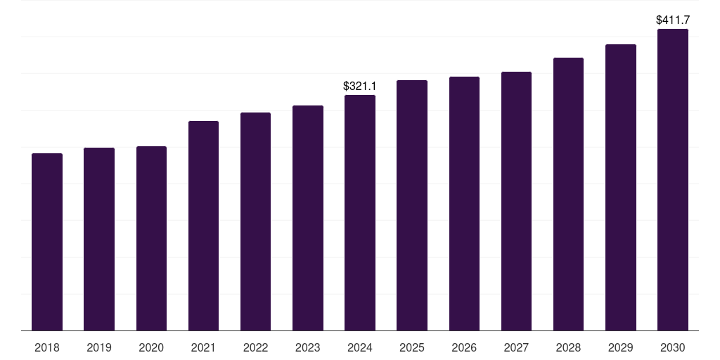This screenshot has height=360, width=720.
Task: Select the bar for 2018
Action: tap(47, 242)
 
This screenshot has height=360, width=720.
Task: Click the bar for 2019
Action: tap(98, 239)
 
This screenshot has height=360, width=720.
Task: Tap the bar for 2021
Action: tap(203, 226)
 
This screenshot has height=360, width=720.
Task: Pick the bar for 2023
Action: tap(308, 218)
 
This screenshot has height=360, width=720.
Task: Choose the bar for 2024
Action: tap(360, 212)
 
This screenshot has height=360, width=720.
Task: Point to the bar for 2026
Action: tap(464, 203)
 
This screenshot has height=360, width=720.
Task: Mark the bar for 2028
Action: tap(568, 194)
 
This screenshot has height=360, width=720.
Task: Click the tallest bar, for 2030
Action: tap(673, 179)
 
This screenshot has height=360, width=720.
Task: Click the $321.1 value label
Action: tap(359, 86)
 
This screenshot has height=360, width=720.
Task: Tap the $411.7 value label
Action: tap(673, 20)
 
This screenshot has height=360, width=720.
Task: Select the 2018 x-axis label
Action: tap(47, 347)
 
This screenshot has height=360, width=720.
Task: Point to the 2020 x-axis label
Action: tap(151, 347)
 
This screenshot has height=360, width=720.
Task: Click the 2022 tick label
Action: tap(255, 347)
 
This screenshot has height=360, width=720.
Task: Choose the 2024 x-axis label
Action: tap(360, 347)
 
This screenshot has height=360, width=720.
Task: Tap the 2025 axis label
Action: tap(412, 347)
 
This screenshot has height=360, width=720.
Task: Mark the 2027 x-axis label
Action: tap(516, 347)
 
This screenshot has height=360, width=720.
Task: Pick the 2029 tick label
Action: tap(620, 347)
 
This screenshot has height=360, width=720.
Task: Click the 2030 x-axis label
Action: tap(673, 347)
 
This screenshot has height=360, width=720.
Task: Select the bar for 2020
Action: tap(151, 238)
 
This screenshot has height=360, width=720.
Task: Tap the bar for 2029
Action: tap(621, 187)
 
